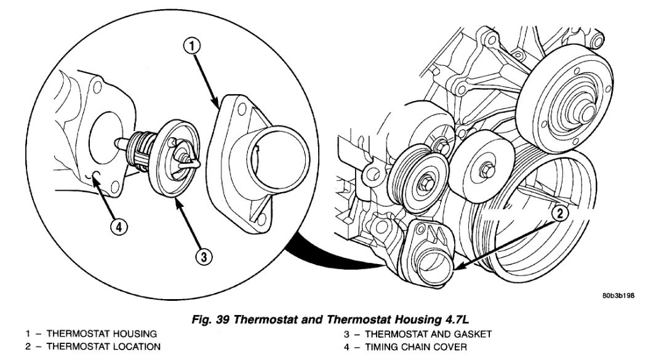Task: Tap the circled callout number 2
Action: tap(558, 214)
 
